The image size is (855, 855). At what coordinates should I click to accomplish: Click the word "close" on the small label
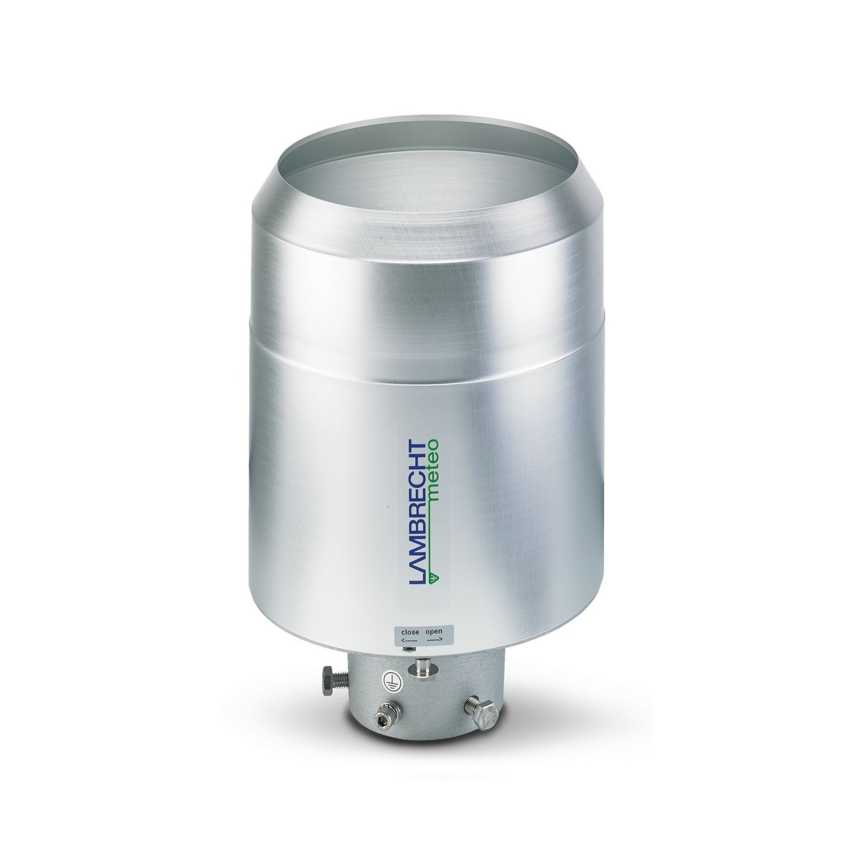pos(410,632)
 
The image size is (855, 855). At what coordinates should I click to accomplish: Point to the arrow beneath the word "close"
pos(410,641)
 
